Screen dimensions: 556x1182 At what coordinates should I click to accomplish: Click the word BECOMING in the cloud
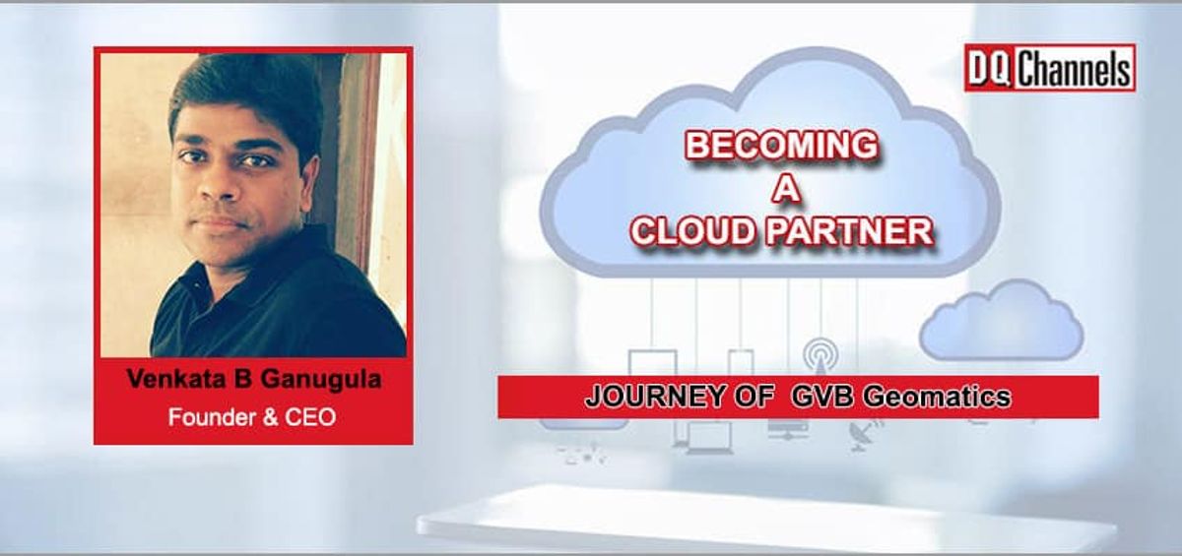pos(781,146)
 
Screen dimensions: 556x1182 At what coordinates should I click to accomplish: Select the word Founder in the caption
pos(206,416)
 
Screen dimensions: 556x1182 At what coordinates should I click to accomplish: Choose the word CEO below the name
pos(312,416)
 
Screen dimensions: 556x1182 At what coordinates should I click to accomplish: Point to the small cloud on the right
pos(1001,321)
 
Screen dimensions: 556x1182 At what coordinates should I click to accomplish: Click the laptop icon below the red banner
pos(708,438)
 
